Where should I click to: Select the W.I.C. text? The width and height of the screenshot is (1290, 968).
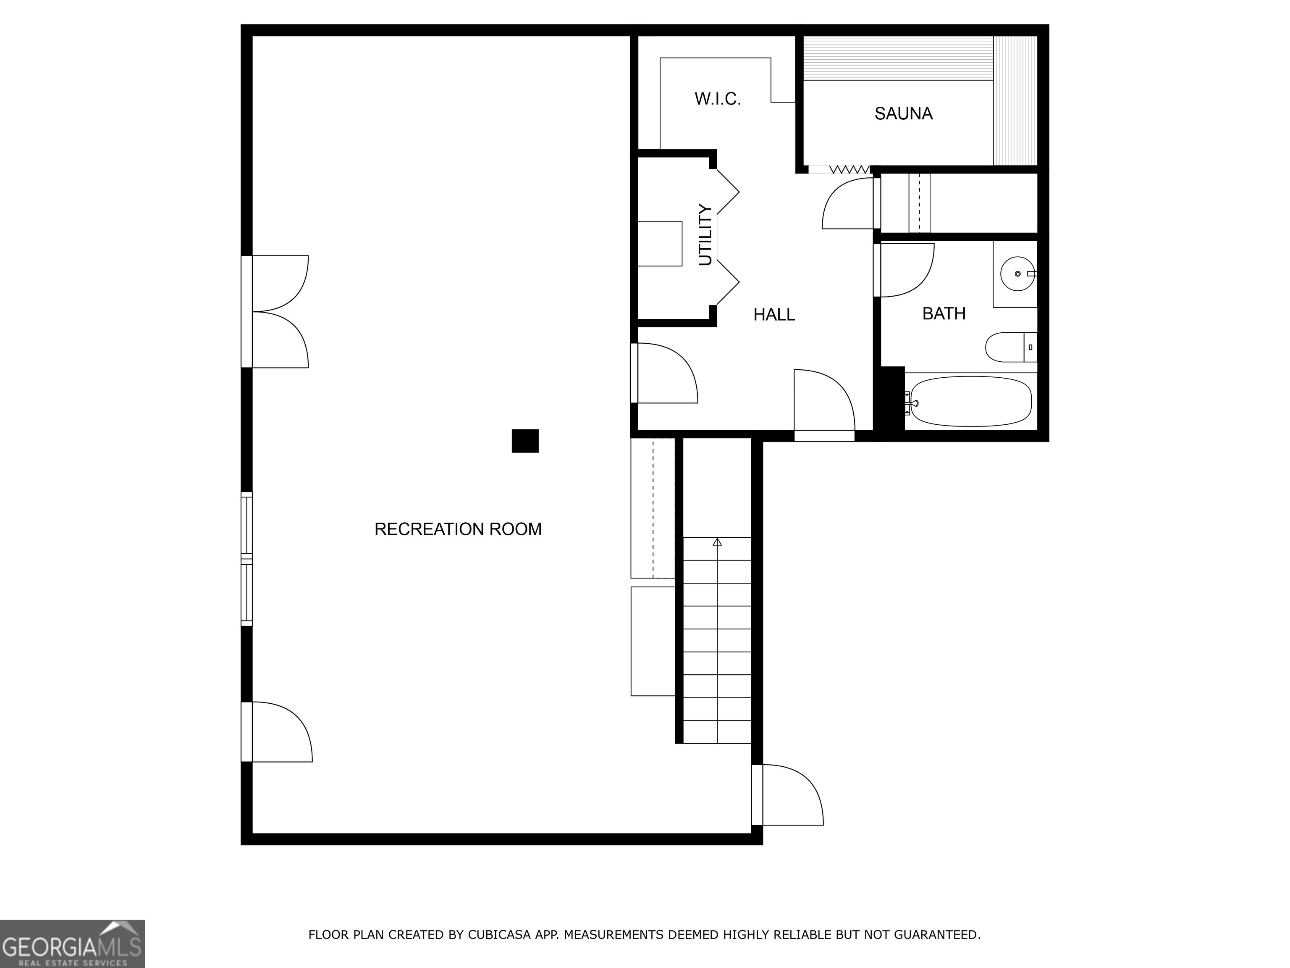coord(717,99)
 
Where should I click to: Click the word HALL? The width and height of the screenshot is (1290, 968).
coord(774,315)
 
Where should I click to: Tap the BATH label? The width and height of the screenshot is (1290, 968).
coord(944,313)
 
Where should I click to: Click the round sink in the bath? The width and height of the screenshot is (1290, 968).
coord(1017,273)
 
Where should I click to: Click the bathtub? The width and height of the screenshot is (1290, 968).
coord(970,401)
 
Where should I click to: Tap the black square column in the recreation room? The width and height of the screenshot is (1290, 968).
coord(525,441)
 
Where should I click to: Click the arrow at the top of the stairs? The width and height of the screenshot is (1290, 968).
coord(717,542)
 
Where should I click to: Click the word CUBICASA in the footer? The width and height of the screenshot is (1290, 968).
coord(498,935)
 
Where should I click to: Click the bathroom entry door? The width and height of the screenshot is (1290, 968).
coord(904,270)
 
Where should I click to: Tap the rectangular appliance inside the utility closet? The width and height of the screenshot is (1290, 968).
coord(660,244)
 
